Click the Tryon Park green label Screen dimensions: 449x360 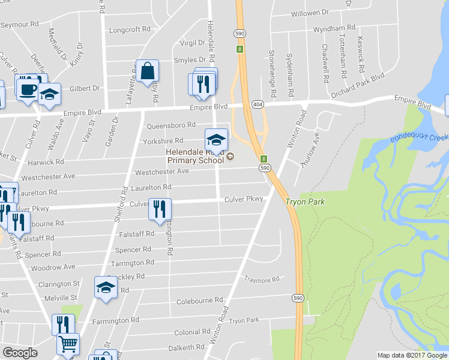[x=305, y=202]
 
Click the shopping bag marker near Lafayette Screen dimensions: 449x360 [x=147, y=71]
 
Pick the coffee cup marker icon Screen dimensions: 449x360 [x=26, y=89]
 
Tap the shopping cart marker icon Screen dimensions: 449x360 [x=68, y=344]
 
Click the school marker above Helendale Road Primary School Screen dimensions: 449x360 [x=216, y=140]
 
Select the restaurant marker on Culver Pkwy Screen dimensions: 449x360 [x=160, y=209]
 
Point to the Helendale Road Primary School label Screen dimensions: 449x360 [x=196, y=157]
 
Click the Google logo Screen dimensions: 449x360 [x=20, y=353]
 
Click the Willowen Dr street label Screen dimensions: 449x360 [x=310, y=12]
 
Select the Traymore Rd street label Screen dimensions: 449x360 [x=262, y=280]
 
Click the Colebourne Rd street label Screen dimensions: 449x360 [x=200, y=299]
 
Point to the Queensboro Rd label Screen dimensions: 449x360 [x=171, y=125]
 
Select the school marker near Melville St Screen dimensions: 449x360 [x=106, y=287]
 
